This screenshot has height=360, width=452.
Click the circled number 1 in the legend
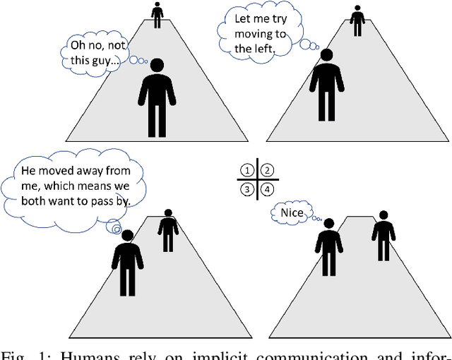(x=246, y=170)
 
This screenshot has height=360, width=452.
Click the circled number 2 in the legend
(x=268, y=170)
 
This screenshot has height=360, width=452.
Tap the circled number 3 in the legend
(x=246, y=189)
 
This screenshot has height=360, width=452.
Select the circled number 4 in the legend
(x=268, y=189)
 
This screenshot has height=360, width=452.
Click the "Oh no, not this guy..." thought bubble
(x=93, y=53)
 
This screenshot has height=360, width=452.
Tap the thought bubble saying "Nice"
(x=289, y=212)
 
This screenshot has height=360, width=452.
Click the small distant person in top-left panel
(x=157, y=15)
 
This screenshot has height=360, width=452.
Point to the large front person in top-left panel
(x=156, y=99)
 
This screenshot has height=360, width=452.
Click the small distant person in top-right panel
(x=357, y=20)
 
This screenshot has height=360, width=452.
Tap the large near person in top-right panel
(x=326, y=85)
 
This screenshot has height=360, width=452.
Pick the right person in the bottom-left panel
(x=167, y=230)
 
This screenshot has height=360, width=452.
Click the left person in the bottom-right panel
(x=328, y=246)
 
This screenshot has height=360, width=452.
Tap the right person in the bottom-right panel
(x=383, y=235)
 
